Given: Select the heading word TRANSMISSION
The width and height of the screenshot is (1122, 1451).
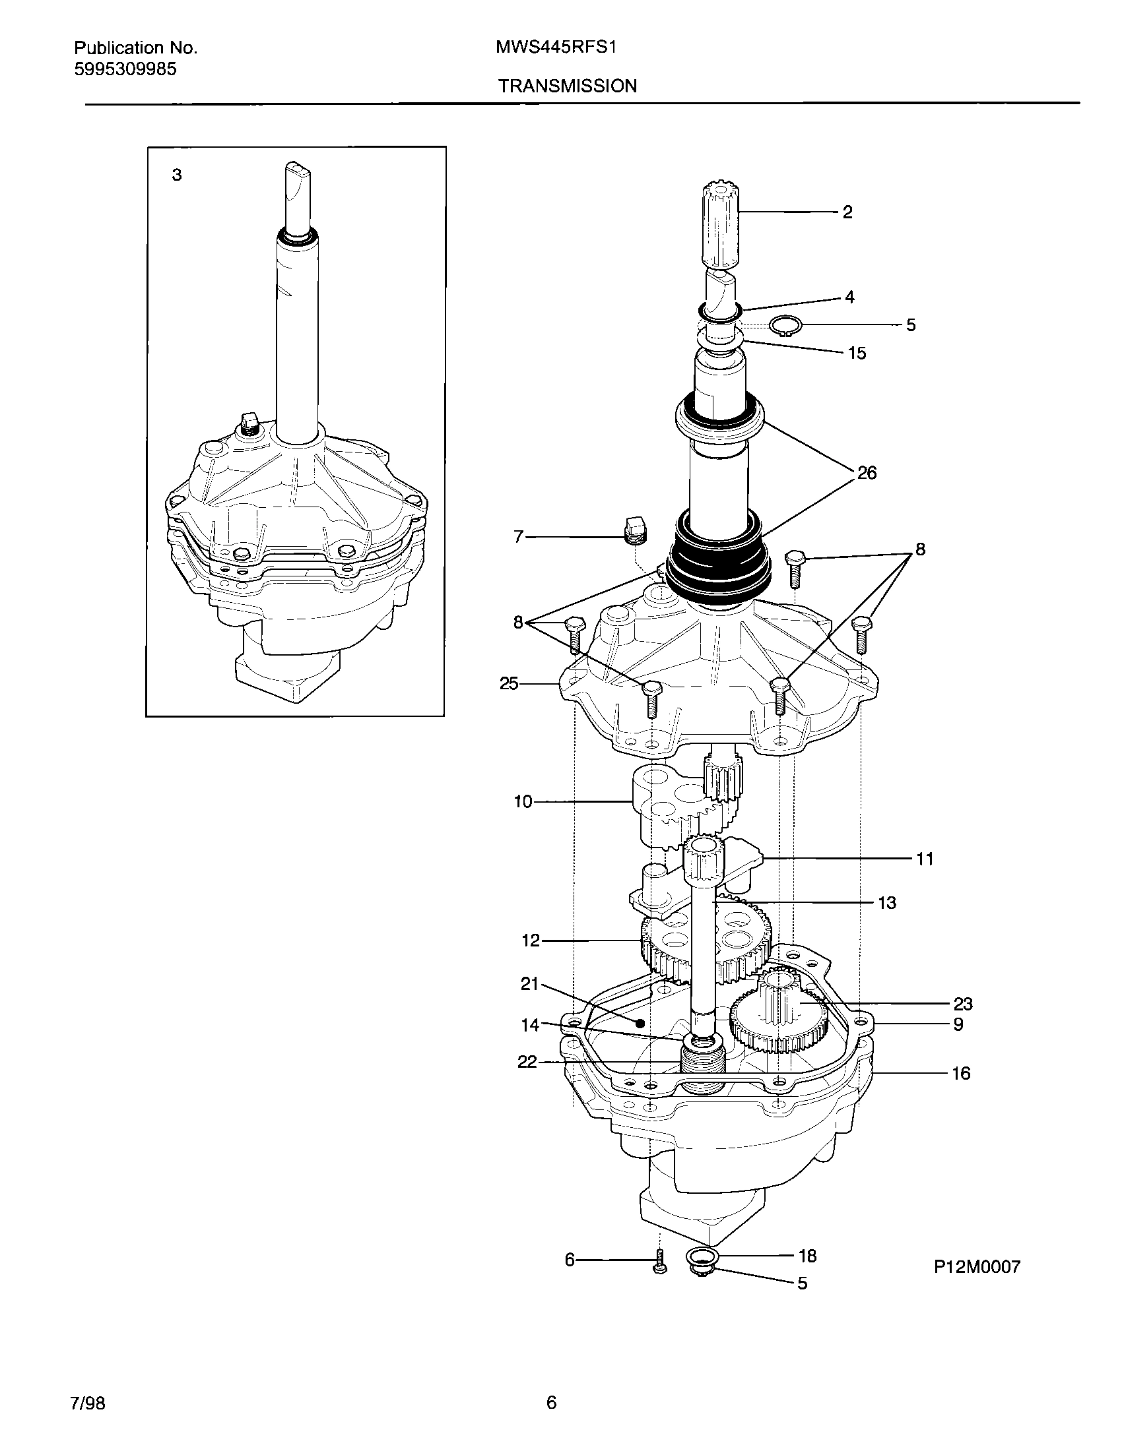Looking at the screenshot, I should tap(567, 86).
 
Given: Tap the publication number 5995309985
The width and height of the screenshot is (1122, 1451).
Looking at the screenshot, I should tap(125, 69).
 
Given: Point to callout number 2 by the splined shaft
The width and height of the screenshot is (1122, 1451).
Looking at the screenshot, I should tap(847, 212).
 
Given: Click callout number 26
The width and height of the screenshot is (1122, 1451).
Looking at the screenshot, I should tap(867, 473).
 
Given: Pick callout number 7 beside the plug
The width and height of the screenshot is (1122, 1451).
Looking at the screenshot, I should tap(519, 537).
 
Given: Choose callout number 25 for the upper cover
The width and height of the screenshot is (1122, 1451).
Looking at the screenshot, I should tap(509, 683).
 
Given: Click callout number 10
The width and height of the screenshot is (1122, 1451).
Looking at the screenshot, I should tap(523, 802).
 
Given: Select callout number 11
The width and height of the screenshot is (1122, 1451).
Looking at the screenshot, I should tap(925, 859).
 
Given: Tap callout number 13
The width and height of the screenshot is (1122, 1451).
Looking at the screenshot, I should tap(887, 903).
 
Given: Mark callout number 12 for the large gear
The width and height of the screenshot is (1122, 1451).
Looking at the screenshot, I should tap(531, 941).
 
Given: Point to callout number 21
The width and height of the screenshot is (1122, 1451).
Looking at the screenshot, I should tap(529, 984).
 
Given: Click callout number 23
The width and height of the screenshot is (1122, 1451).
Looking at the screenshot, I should tap(962, 1004).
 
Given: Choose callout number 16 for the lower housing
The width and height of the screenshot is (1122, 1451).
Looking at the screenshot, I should tap(961, 1073).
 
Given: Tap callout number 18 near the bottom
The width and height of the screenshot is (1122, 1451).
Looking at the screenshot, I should tap(807, 1256).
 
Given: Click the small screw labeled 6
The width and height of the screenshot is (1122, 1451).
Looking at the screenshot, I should tap(659, 1260).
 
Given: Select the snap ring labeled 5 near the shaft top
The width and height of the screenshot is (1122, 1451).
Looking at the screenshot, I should tap(785, 325).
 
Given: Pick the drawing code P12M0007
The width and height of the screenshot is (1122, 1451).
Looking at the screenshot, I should tap(976, 1267).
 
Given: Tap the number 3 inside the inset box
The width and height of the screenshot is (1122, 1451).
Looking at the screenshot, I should tap(177, 175).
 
